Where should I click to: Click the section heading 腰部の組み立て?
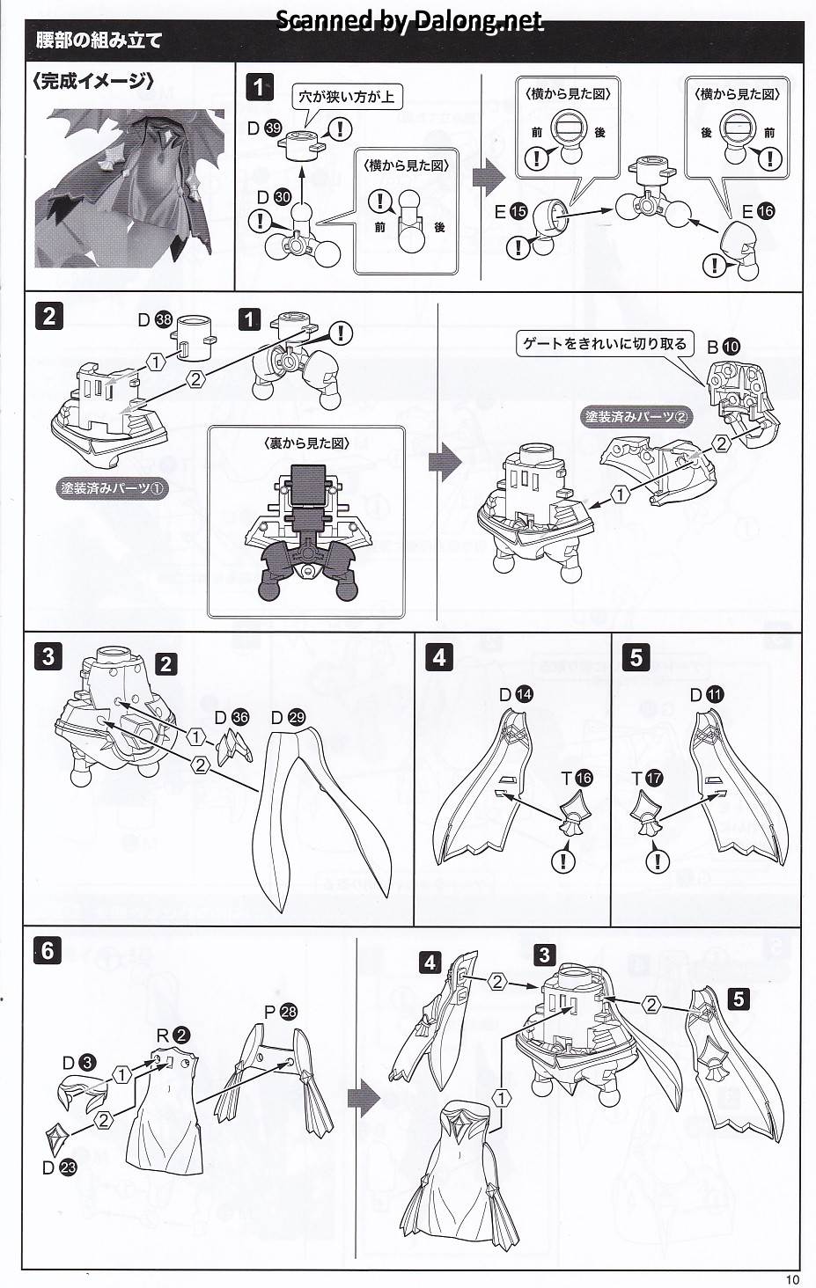click(99, 40)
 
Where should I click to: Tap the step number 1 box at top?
click(259, 87)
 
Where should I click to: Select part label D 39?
click(264, 128)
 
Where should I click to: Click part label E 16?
click(759, 212)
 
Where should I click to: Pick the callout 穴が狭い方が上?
click(347, 96)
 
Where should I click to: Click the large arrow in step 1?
click(489, 178)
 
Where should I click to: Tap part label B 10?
click(724, 347)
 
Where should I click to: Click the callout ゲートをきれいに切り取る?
click(605, 344)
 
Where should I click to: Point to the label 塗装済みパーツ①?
click(112, 489)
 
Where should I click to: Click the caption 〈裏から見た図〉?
click(306, 443)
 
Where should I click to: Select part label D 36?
click(232, 718)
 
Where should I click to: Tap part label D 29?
click(288, 718)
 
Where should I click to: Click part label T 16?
click(577, 779)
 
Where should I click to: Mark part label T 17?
click(647, 779)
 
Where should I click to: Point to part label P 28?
click(280, 1012)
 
